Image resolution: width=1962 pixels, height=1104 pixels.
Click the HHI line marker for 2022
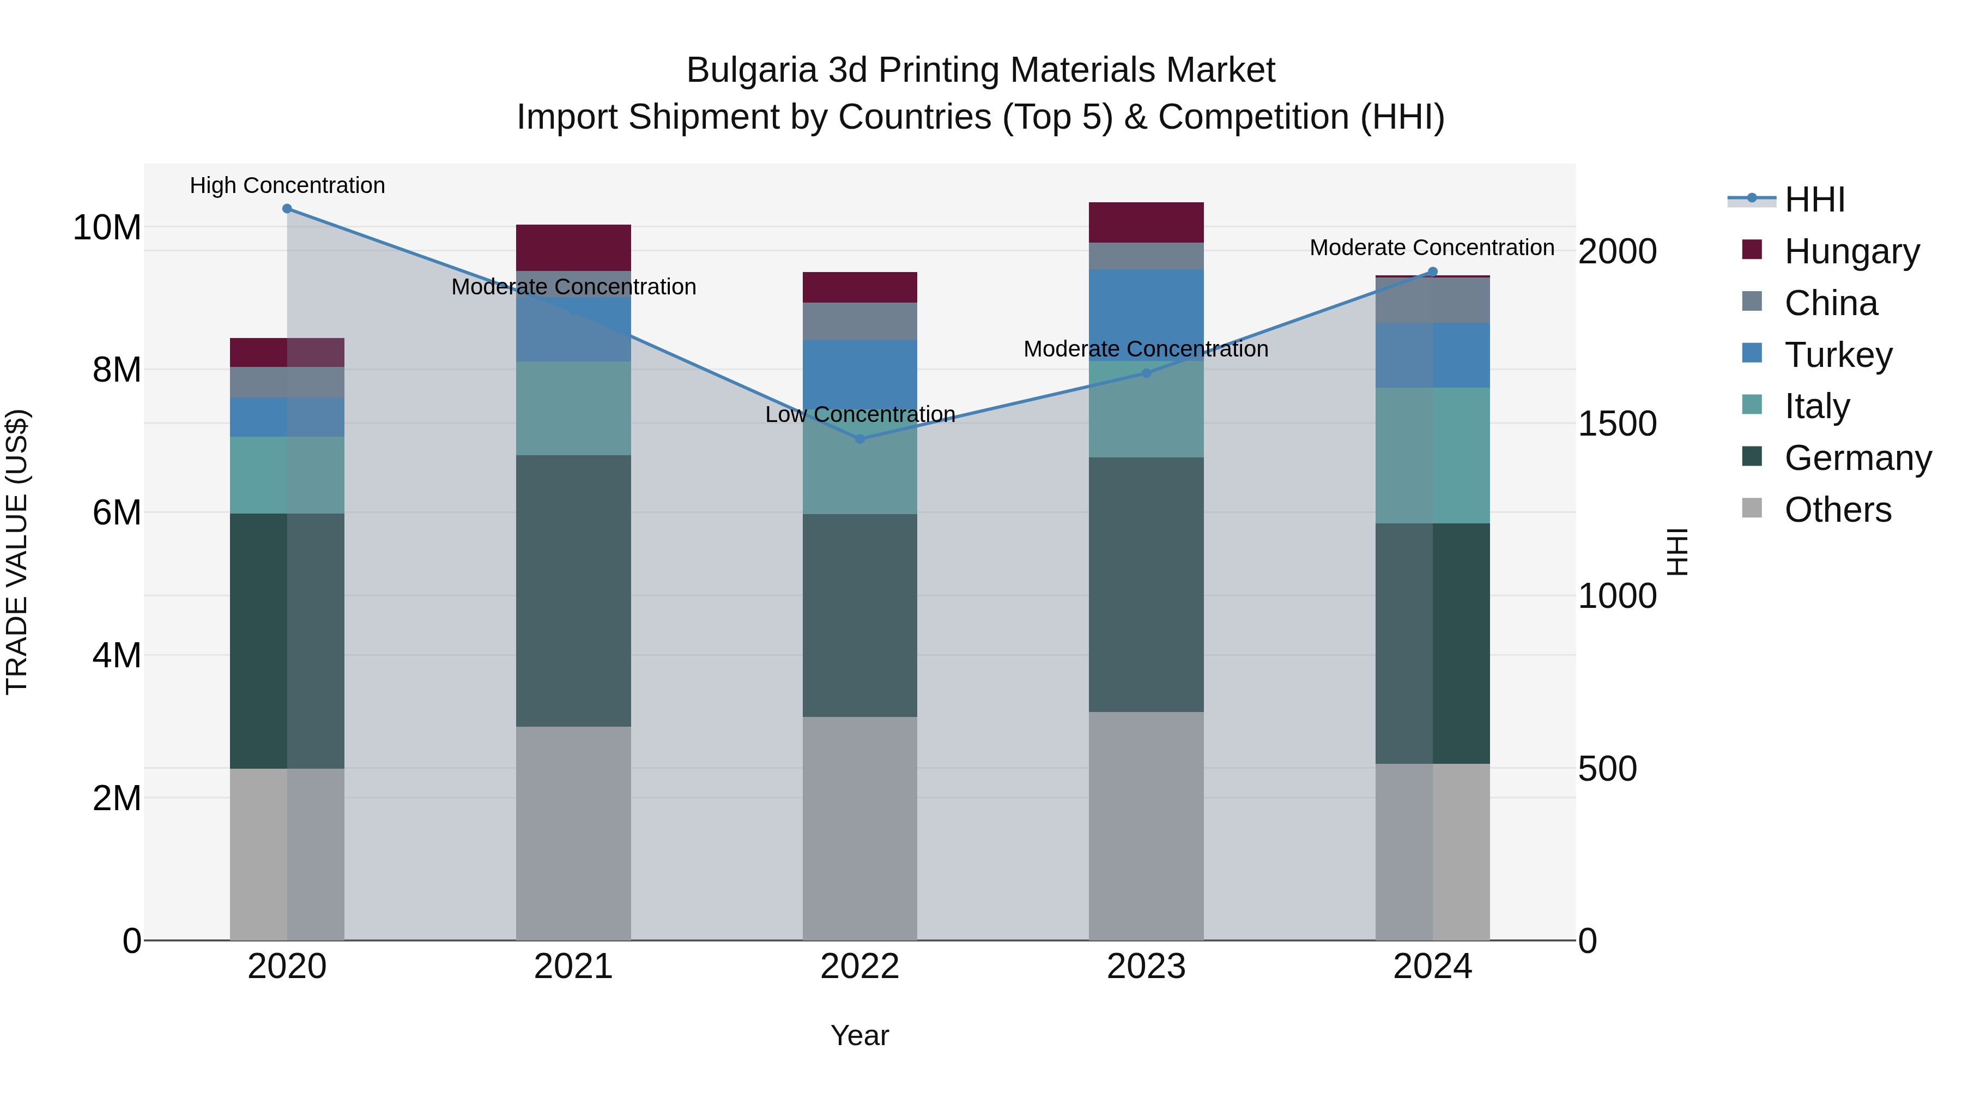click(x=860, y=439)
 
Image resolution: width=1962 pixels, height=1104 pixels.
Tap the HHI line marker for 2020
click(x=287, y=209)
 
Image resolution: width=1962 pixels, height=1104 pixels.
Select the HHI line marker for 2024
click(x=1433, y=272)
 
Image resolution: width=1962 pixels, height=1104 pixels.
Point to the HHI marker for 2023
click(x=1146, y=373)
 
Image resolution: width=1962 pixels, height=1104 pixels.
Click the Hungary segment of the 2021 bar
click(x=573, y=248)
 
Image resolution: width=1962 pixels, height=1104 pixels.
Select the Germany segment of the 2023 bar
click(x=1146, y=584)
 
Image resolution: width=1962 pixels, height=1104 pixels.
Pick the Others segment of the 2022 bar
click(x=860, y=828)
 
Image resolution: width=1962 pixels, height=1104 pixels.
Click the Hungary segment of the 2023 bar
click(x=1146, y=222)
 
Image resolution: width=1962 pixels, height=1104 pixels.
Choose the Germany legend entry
click(x=1857, y=458)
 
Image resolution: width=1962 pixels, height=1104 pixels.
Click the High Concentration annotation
click(x=287, y=185)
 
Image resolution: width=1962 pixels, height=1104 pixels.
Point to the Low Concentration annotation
click(x=860, y=414)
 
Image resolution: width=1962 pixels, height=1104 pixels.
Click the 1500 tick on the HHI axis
click(x=1617, y=424)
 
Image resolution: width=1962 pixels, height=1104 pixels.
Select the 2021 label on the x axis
click(x=573, y=967)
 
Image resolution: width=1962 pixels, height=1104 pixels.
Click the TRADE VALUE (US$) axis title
click(x=17, y=552)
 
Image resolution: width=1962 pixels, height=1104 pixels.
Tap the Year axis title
click(x=860, y=1035)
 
